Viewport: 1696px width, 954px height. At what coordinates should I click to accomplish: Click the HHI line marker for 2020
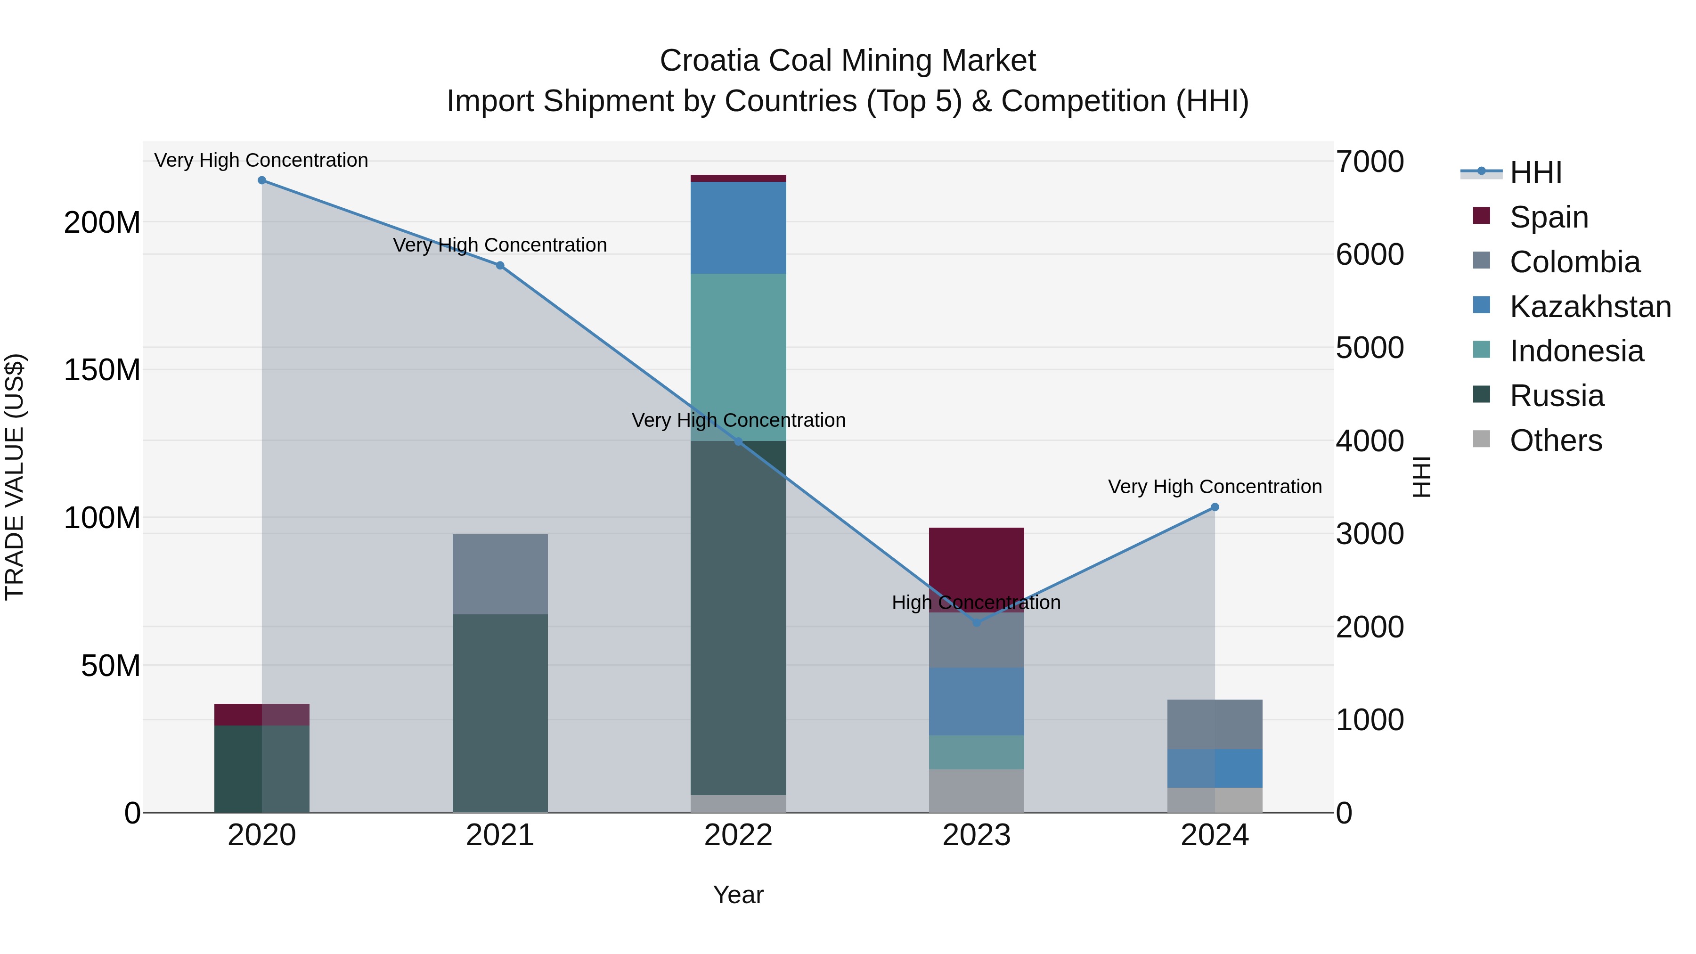pyautogui.click(x=262, y=180)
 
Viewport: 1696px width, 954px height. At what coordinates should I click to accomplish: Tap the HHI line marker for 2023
pyautogui.click(x=977, y=622)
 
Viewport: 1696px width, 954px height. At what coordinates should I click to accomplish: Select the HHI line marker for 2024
pyautogui.click(x=1215, y=507)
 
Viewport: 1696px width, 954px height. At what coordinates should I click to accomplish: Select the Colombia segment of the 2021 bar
pyautogui.click(x=500, y=574)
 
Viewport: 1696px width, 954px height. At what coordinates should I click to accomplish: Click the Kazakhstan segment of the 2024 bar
pyautogui.click(x=1215, y=768)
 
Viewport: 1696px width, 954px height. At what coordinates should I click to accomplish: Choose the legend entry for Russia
pyautogui.click(x=1557, y=396)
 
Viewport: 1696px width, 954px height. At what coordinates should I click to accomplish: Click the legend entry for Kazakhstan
pyautogui.click(x=1590, y=307)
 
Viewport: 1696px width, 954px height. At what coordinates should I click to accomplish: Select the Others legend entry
pyautogui.click(x=1555, y=440)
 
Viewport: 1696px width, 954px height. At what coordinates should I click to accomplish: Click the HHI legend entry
pyautogui.click(x=1535, y=172)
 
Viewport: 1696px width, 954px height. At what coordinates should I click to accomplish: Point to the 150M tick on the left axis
pyautogui.click(x=102, y=370)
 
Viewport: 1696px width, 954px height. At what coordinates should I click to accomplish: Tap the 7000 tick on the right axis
pyautogui.click(x=1370, y=162)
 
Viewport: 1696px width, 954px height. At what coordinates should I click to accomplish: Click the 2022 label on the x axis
pyautogui.click(x=738, y=835)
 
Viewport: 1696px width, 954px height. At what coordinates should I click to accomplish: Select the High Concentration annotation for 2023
pyautogui.click(x=977, y=603)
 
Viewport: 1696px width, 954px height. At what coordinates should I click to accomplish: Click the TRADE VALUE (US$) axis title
pyautogui.click(x=15, y=477)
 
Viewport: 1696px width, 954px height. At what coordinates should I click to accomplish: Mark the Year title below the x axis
pyautogui.click(x=738, y=895)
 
